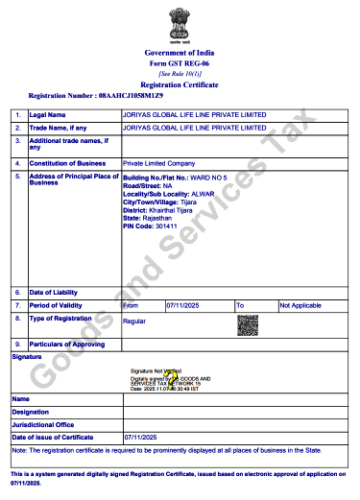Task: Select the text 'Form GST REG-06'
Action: (180, 62)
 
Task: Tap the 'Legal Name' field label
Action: (47, 114)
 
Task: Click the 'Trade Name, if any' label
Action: (59, 127)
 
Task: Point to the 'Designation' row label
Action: (35, 411)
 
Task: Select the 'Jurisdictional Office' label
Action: (44, 424)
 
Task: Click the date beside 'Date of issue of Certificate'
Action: (140, 438)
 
